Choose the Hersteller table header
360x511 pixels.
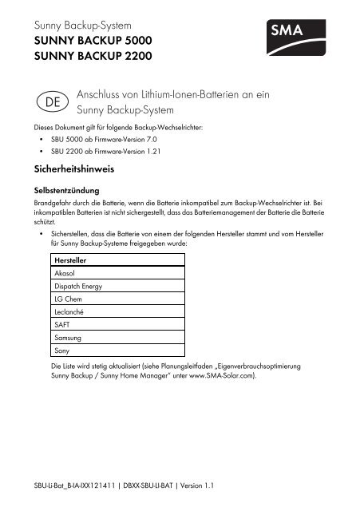click(x=70, y=260)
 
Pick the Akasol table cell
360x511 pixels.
click(x=64, y=273)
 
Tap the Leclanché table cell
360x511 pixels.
click(x=68, y=311)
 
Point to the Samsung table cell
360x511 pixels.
click(x=67, y=337)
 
